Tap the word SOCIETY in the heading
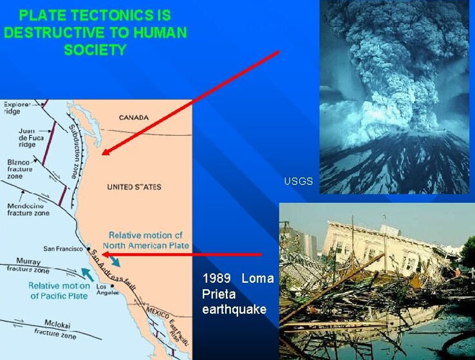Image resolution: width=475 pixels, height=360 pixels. [x=95, y=50]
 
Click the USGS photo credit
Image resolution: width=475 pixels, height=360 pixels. [x=299, y=181]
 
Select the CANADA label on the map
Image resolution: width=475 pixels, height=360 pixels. [x=134, y=118]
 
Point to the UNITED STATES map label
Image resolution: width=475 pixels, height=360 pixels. [x=135, y=187]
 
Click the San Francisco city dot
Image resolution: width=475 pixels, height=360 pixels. [x=89, y=249]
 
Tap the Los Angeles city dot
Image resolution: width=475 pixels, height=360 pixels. [x=113, y=286]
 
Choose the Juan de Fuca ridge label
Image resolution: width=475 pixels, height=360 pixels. [x=31, y=138]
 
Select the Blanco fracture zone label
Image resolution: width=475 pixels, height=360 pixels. [x=20, y=169]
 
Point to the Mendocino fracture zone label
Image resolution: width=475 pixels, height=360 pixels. [x=28, y=209]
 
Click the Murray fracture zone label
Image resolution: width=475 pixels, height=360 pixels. [x=28, y=265]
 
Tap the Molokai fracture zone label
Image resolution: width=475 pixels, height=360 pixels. [x=55, y=329]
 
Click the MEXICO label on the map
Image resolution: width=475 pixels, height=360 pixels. [x=158, y=313]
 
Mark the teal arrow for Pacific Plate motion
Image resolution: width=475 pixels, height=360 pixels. [x=88, y=274]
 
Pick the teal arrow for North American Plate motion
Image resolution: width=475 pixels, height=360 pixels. [x=114, y=261]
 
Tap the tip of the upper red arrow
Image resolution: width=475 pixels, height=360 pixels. [x=102, y=155]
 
